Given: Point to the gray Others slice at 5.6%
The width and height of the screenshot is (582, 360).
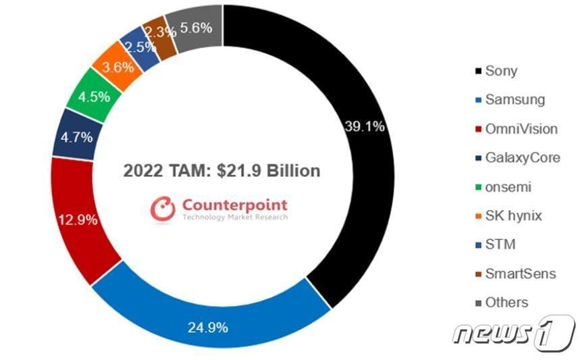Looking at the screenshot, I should [x=195, y=28].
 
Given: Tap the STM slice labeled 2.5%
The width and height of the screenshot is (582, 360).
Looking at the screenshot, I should [x=140, y=47].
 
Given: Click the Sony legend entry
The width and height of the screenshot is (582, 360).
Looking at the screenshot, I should [x=500, y=70].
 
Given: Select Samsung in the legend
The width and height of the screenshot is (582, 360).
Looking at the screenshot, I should [x=514, y=99].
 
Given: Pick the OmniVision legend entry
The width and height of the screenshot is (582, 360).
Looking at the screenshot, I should [x=520, y=128].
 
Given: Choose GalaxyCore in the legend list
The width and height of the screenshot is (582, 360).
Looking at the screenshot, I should [x=521, y=157].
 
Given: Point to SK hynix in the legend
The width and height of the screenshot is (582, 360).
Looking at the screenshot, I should [x=512, y=215].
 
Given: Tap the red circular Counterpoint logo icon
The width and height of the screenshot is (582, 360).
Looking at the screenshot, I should [x=163, y=209].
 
